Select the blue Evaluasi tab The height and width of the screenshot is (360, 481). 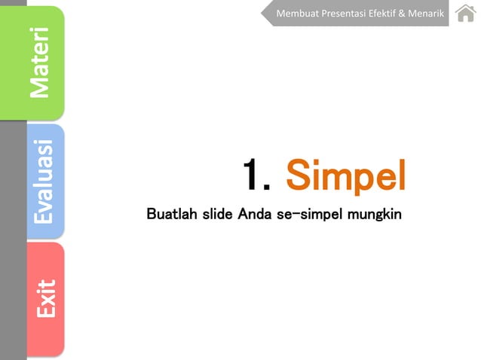(44, 181)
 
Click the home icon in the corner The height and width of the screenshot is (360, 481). (465, 14)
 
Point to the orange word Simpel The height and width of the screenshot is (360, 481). (346, 176)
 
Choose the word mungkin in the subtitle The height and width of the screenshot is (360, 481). (374, 215)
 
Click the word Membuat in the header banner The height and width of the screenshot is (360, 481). (296, 14)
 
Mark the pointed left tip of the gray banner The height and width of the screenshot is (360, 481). (263, 14)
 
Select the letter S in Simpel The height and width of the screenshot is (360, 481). (298, 176)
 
